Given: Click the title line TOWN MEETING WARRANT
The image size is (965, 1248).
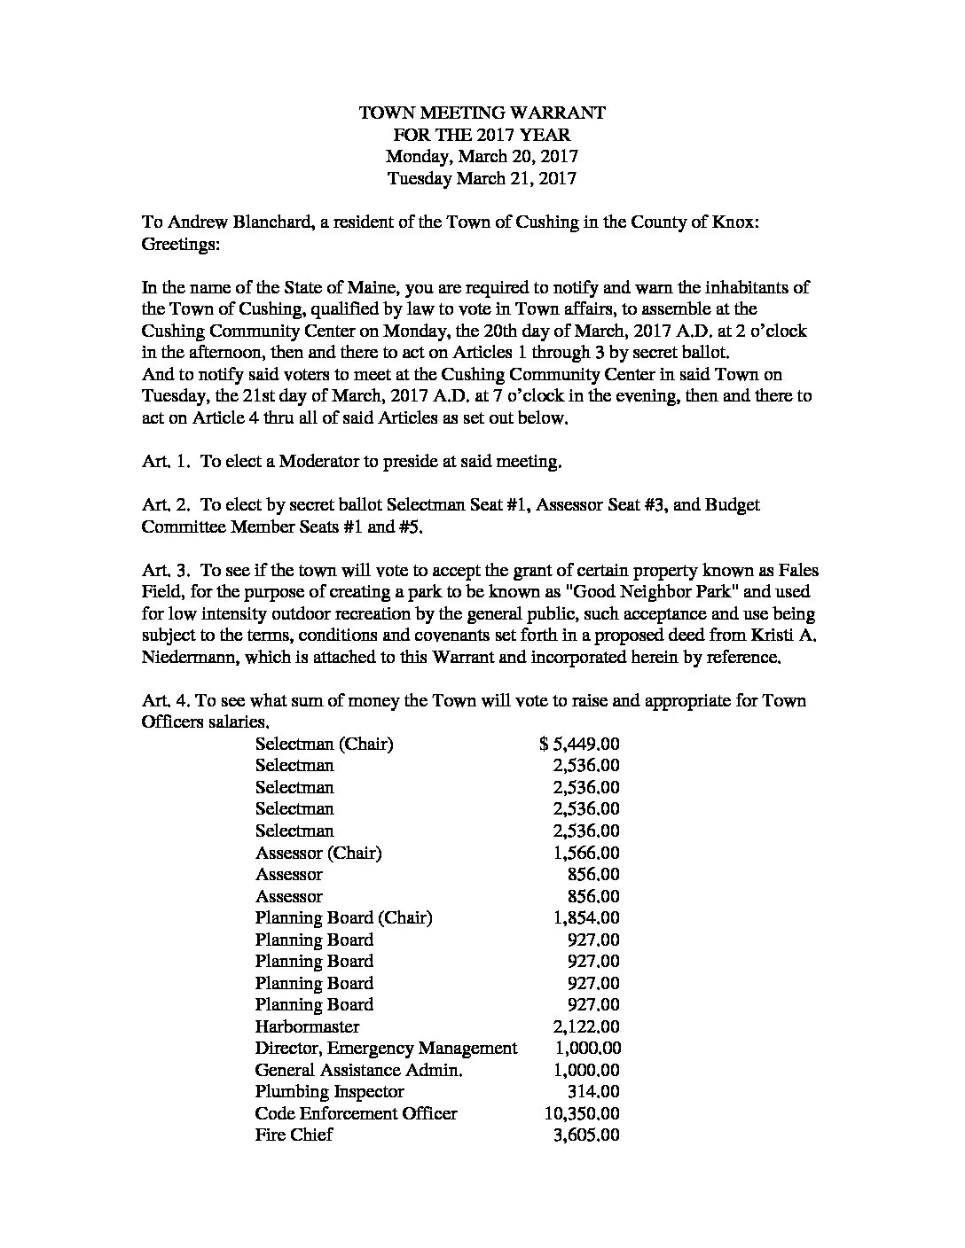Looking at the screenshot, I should tap(482, 113).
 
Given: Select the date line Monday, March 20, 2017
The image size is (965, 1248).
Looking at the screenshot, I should tap(482, 156).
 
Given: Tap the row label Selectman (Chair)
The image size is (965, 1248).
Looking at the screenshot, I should tap(324, 744).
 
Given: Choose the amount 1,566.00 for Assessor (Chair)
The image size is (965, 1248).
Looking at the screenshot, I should tap(585, 853).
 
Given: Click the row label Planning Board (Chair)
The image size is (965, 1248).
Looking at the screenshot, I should tap(343, 917).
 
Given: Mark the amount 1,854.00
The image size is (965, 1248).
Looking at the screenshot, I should tap(585, 917).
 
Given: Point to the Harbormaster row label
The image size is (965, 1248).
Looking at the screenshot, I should tap(307, 1026).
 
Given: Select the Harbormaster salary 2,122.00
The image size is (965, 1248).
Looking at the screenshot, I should tap(585, 1026).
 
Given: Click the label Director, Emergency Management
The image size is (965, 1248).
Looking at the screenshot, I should tap(386, 1048).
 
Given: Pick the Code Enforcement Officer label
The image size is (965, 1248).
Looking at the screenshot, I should tap(356, 1113).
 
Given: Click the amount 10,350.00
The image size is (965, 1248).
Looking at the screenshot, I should tap(581, 1113).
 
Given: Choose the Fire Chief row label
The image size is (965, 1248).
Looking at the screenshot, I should tap(294, 1135).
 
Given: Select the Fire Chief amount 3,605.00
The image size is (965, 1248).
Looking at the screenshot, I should tap(585, 1135).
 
